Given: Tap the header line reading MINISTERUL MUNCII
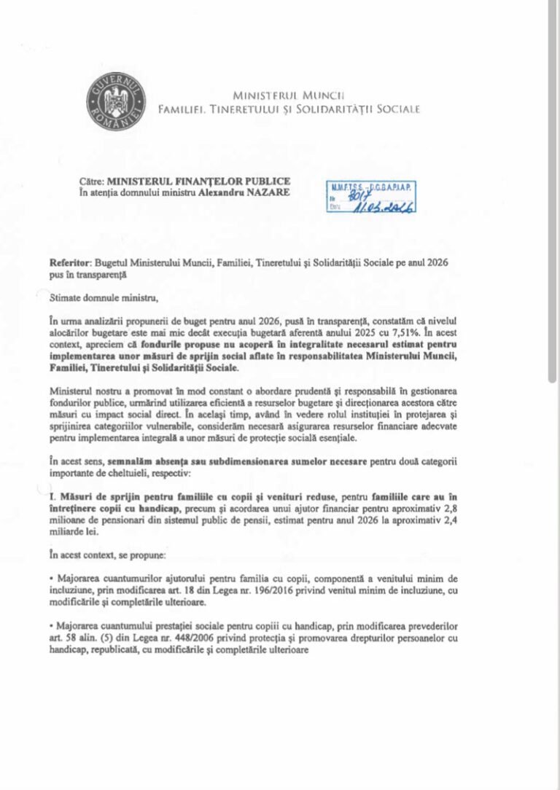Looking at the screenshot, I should click(288, 95).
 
